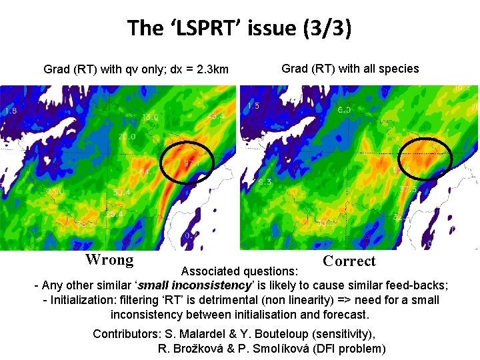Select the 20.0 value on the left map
[127, 137]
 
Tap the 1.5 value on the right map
[253, 106]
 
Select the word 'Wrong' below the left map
[109, 259]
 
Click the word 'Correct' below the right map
[349, 261]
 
